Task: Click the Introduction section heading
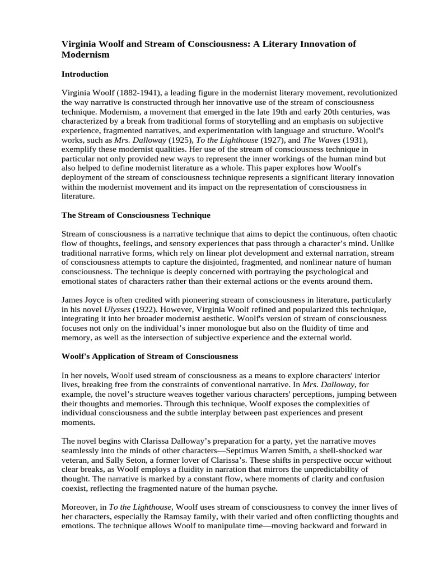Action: click(x=85, y=74)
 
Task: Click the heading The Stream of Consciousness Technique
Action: click(x=135, y=215)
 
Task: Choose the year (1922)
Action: click(x=146, y=309)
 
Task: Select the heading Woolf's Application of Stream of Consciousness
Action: click(x=149, y=356)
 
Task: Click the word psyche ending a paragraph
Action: click(x=263, y=489)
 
